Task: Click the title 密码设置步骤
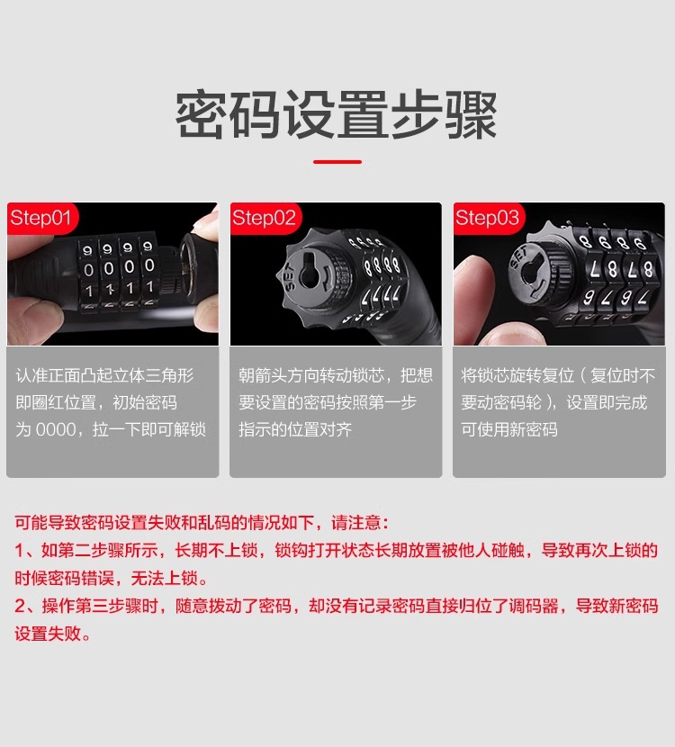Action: (x=337, y=114)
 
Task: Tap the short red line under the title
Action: (x=337, y=162)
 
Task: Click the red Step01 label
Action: (x=40, y=218)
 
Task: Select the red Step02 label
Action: (x=264, y=218)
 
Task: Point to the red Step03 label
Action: (x=487, y=218)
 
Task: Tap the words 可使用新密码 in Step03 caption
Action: (x=509, y=429)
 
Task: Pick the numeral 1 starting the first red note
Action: (x=19, y=550)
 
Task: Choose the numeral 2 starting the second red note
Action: (x=19, y=606)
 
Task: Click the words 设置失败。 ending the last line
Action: (x=54, y=634)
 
